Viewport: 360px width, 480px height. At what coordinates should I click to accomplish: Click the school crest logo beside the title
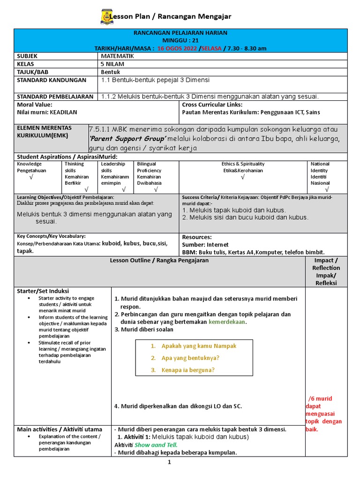click(x=106, y=17)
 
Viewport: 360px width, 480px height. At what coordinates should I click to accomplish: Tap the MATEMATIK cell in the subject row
click(x=117, y=56)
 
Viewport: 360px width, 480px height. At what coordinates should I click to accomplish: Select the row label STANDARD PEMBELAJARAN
click(x=55, y=97)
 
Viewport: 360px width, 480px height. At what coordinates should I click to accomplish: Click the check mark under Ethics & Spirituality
click(x=243, y=177)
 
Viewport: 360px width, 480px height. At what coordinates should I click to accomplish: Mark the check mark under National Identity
click(x=327, y=190)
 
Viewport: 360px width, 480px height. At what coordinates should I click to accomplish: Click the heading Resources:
click(x=196, y=237)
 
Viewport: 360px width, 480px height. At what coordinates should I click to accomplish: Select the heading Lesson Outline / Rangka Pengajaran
click(x=159, y=261)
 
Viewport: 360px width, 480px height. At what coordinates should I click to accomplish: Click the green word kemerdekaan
click(x=227, y=322)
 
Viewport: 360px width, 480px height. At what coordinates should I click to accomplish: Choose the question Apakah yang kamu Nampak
click(x=199, y=346)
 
